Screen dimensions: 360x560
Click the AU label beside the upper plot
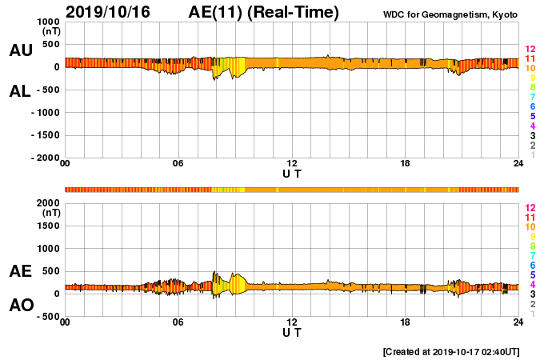(x=20, y=50)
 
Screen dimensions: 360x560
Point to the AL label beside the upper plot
(x=20, y=91)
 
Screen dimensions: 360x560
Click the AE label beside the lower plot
(x=20, y=271)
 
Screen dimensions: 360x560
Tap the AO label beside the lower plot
(x=20, y=306)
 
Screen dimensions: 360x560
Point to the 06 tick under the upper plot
(x=178, y=164)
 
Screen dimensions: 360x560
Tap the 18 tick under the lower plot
(x=406, y=322)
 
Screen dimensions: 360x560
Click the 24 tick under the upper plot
(x=518, y=164)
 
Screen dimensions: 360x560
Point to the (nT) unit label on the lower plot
(x=50, y=213)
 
